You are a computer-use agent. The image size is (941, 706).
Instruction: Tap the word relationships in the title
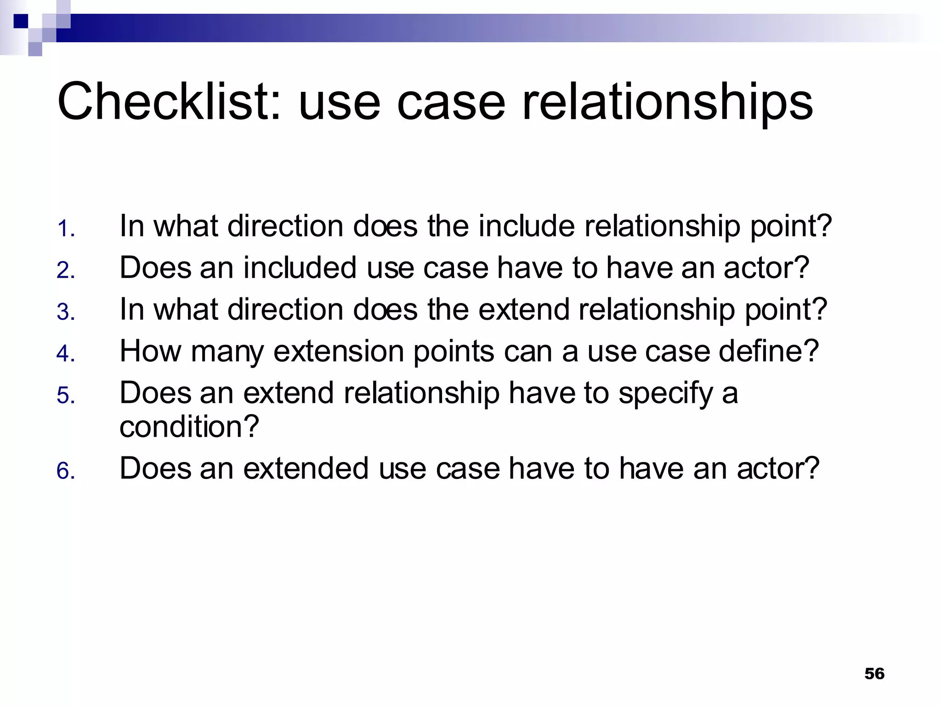tap(667, 102)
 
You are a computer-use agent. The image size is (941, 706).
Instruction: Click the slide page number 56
tap(874, 673)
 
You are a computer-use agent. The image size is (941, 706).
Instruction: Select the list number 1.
tap(66, 228)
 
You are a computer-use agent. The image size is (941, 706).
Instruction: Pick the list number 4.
tap(66, 353)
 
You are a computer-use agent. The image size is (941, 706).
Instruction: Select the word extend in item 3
tap(524, 309)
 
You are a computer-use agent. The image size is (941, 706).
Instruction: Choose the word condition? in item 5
tap(189, 427)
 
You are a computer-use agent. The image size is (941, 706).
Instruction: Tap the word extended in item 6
tap(306, 468)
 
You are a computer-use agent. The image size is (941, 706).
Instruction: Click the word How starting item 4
tap(151, 352)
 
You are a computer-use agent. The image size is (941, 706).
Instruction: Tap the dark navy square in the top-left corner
tap(21, 21)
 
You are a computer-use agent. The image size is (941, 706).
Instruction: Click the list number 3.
tap(66, 312)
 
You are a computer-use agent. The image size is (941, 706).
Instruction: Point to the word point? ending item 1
tap(791, 226)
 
